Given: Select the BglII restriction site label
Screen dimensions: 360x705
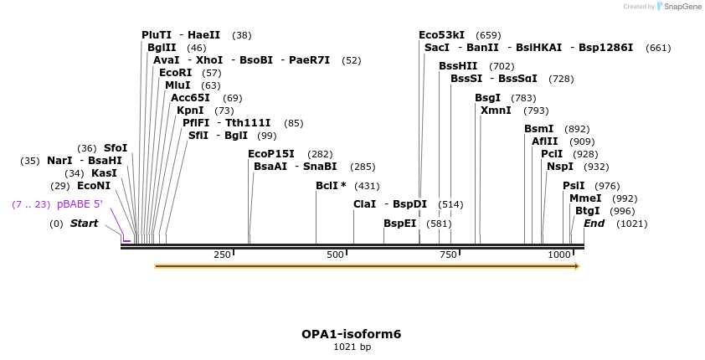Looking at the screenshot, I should click(161, 48).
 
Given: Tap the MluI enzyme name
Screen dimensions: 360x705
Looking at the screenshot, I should click(178, 85).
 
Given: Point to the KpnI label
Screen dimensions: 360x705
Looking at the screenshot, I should click(190, 111).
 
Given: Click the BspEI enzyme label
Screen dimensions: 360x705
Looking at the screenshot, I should click(399, 224).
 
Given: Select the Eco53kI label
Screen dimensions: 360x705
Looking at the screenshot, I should click(441, 35).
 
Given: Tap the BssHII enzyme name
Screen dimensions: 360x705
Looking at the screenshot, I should click(458, 66).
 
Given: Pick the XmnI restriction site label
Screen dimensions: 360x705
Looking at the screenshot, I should click(496, 111).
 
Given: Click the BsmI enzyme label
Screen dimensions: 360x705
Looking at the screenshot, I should click(538, 129).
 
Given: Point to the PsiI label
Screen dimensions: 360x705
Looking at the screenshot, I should click(574, 186).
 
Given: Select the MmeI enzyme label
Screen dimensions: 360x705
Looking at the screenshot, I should click(585, 198).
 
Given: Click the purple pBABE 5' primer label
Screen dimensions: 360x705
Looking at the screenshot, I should click(80, 204).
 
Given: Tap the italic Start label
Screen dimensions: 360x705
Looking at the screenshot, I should click(84, 224).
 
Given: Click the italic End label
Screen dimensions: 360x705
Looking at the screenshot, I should click(594, 224).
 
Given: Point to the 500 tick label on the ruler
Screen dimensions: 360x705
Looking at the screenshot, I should click(335, 255).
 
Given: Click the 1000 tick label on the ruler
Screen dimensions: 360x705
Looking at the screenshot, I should click(558, 255).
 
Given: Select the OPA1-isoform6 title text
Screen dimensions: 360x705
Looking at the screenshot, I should click(352, 334).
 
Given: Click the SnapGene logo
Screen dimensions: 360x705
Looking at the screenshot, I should click(678, 7).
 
